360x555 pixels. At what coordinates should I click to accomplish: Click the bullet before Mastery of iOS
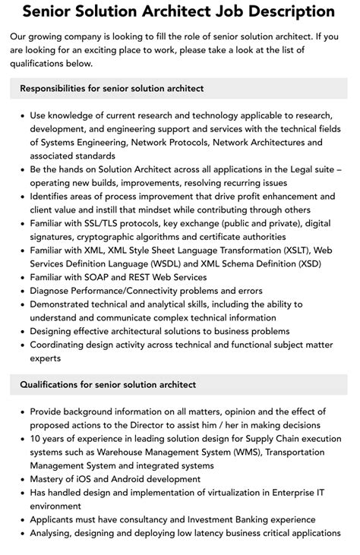click(x=22, y=480)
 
